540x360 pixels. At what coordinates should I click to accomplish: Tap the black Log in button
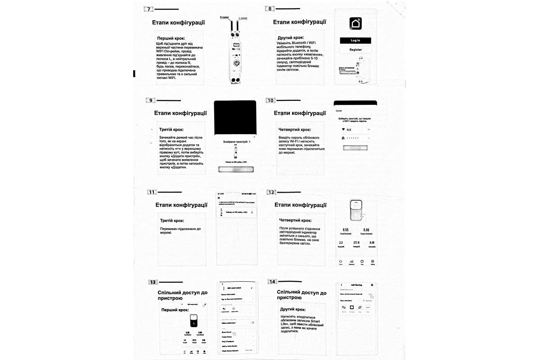[355, 40]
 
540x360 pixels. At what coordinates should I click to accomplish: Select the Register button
[355, 49]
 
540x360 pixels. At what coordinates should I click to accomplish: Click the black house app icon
[355, 23]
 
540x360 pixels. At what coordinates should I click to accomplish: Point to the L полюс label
[243, 18]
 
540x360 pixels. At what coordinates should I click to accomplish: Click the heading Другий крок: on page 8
[291, 38]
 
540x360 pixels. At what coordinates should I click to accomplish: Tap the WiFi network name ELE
[348, 130]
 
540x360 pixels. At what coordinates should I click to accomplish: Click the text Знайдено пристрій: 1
[236, 141]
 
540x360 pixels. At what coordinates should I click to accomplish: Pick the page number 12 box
[271, 192]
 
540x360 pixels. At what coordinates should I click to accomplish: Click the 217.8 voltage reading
[356, 243]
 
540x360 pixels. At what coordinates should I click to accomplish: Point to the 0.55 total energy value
[346, 229]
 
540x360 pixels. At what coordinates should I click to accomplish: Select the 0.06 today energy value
[366, 229]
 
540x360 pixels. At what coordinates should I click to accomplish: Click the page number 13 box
[153, 282]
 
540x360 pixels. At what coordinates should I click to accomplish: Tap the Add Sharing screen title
[356, 285]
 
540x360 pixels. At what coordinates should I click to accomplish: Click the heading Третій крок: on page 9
[171, 130]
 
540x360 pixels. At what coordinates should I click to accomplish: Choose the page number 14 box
[273, 281]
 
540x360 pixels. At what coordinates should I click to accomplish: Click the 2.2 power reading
[341, 243]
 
